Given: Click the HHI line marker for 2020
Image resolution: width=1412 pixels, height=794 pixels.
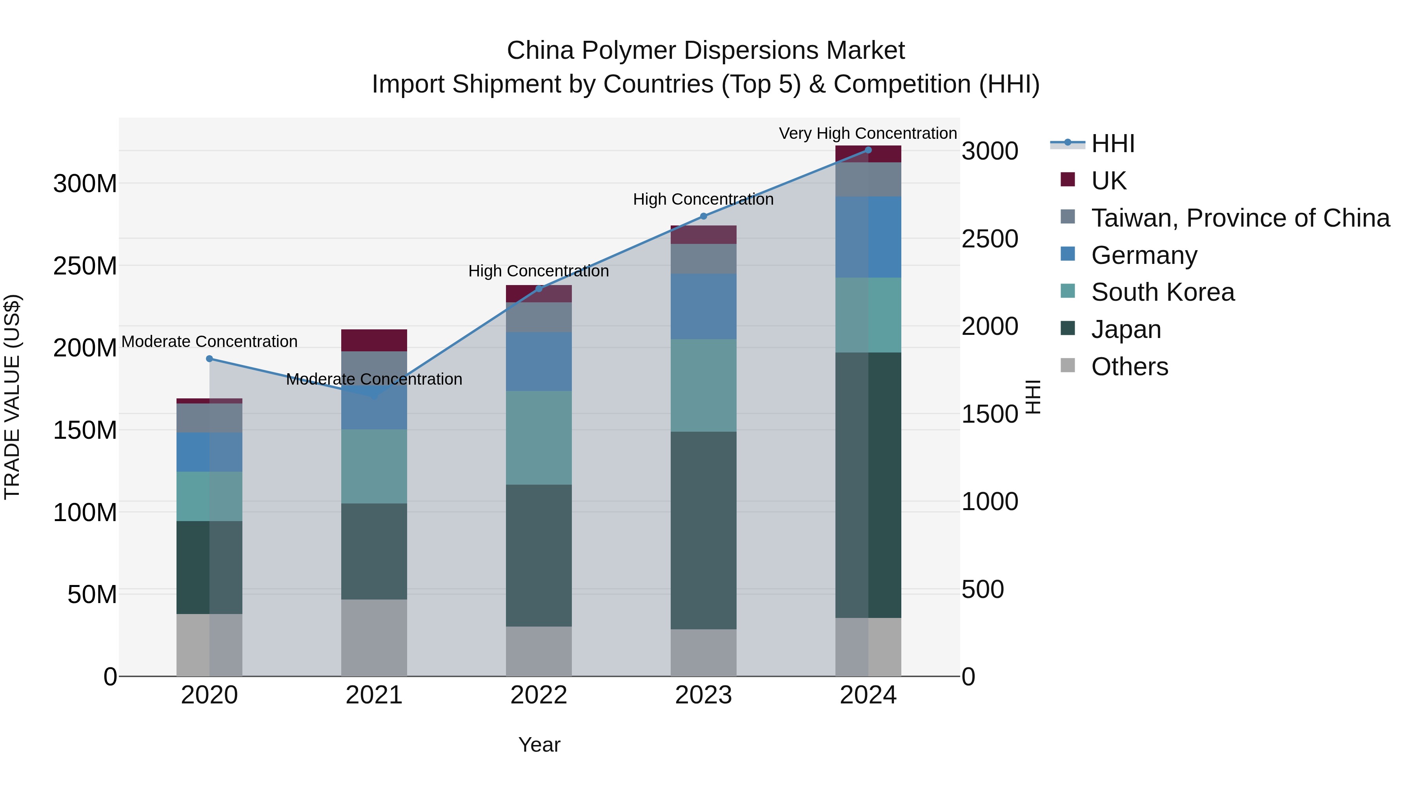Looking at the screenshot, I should tap(209, 359).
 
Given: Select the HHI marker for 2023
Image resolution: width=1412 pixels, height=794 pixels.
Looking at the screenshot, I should tap(703, 216).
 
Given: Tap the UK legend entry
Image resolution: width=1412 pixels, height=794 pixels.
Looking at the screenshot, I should tap(1108, 181).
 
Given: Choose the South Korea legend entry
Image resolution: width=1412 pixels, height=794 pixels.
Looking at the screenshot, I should tap(1163, 292).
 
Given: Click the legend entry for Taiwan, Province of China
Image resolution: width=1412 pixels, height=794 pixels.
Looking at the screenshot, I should tap(1240, 218).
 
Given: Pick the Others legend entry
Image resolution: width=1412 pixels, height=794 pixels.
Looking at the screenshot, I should tap(1129, 367).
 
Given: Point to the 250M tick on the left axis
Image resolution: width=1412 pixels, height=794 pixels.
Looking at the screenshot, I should tap(85, 266).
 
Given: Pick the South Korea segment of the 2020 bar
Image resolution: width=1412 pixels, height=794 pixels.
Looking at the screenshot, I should tap(209, 496).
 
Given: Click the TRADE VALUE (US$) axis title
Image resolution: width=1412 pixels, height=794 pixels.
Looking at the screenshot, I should tap(12, 397).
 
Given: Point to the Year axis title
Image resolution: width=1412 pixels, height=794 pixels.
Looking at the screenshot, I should tap(539, 745).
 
